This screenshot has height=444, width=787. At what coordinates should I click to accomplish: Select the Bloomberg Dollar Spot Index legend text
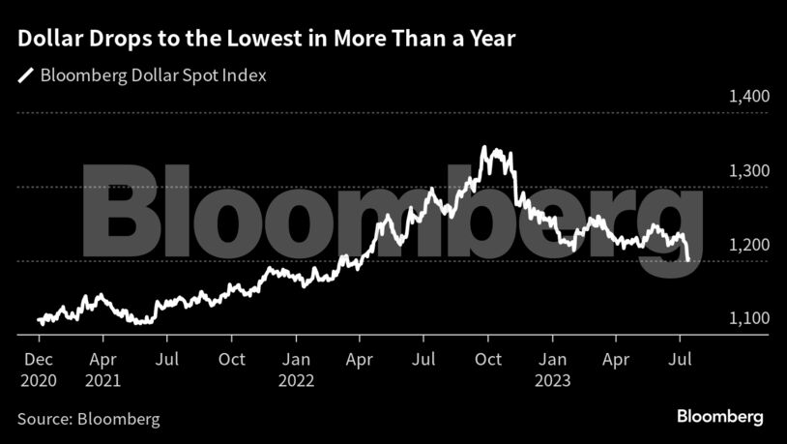tap(153, 75)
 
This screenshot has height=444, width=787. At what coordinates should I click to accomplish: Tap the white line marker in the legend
tap(25, 75)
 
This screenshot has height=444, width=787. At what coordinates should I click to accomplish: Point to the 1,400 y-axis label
tap(747, 97)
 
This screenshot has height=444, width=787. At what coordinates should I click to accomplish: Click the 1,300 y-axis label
tap(747, 171)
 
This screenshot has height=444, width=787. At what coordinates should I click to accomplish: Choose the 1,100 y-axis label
tap(747, 319)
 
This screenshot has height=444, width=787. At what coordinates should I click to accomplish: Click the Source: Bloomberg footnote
tap(89, 419)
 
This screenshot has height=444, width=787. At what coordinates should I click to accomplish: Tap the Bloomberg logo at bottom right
tap(719, 417)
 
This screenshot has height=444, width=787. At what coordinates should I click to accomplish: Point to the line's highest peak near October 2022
tap(484, 148)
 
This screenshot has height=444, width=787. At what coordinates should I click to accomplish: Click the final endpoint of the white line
tap(687, 259)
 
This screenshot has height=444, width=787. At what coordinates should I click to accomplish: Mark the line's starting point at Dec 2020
tap(39, 319)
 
